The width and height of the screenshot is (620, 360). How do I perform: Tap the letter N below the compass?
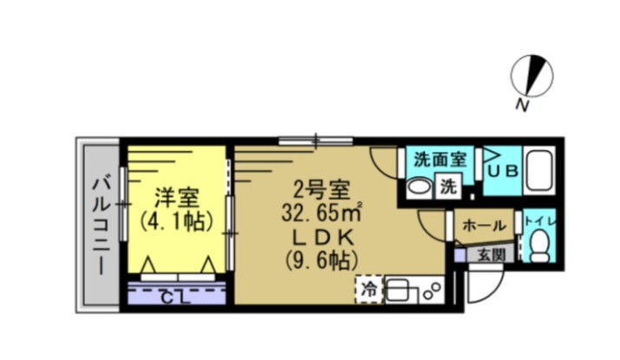click(521, 105)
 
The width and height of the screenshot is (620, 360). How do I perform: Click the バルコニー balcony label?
click(101, 223)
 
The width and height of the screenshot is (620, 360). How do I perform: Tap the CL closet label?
click(177, 298)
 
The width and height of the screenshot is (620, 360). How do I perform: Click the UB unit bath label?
click(502, 171)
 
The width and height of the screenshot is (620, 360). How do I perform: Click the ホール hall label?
click(484, 226)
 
